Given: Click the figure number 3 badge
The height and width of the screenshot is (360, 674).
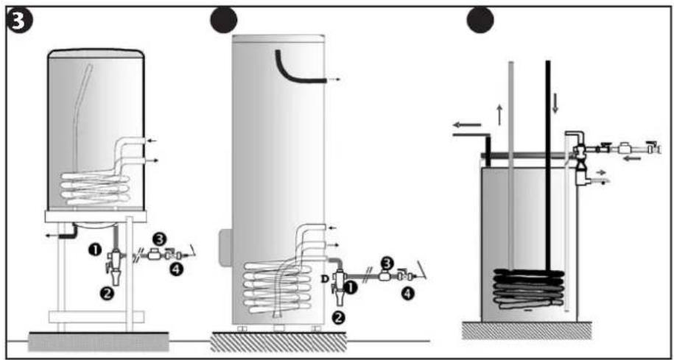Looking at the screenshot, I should click(x=16, y=19).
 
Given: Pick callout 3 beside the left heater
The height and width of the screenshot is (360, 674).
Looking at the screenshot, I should click(x=159, y=239).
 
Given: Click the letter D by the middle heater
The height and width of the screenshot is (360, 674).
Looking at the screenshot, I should click(x=326, y=279).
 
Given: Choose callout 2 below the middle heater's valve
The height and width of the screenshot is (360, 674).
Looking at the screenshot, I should click(x=338, y=318).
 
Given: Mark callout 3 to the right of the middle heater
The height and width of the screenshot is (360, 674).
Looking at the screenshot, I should click(x=386, y=261).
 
